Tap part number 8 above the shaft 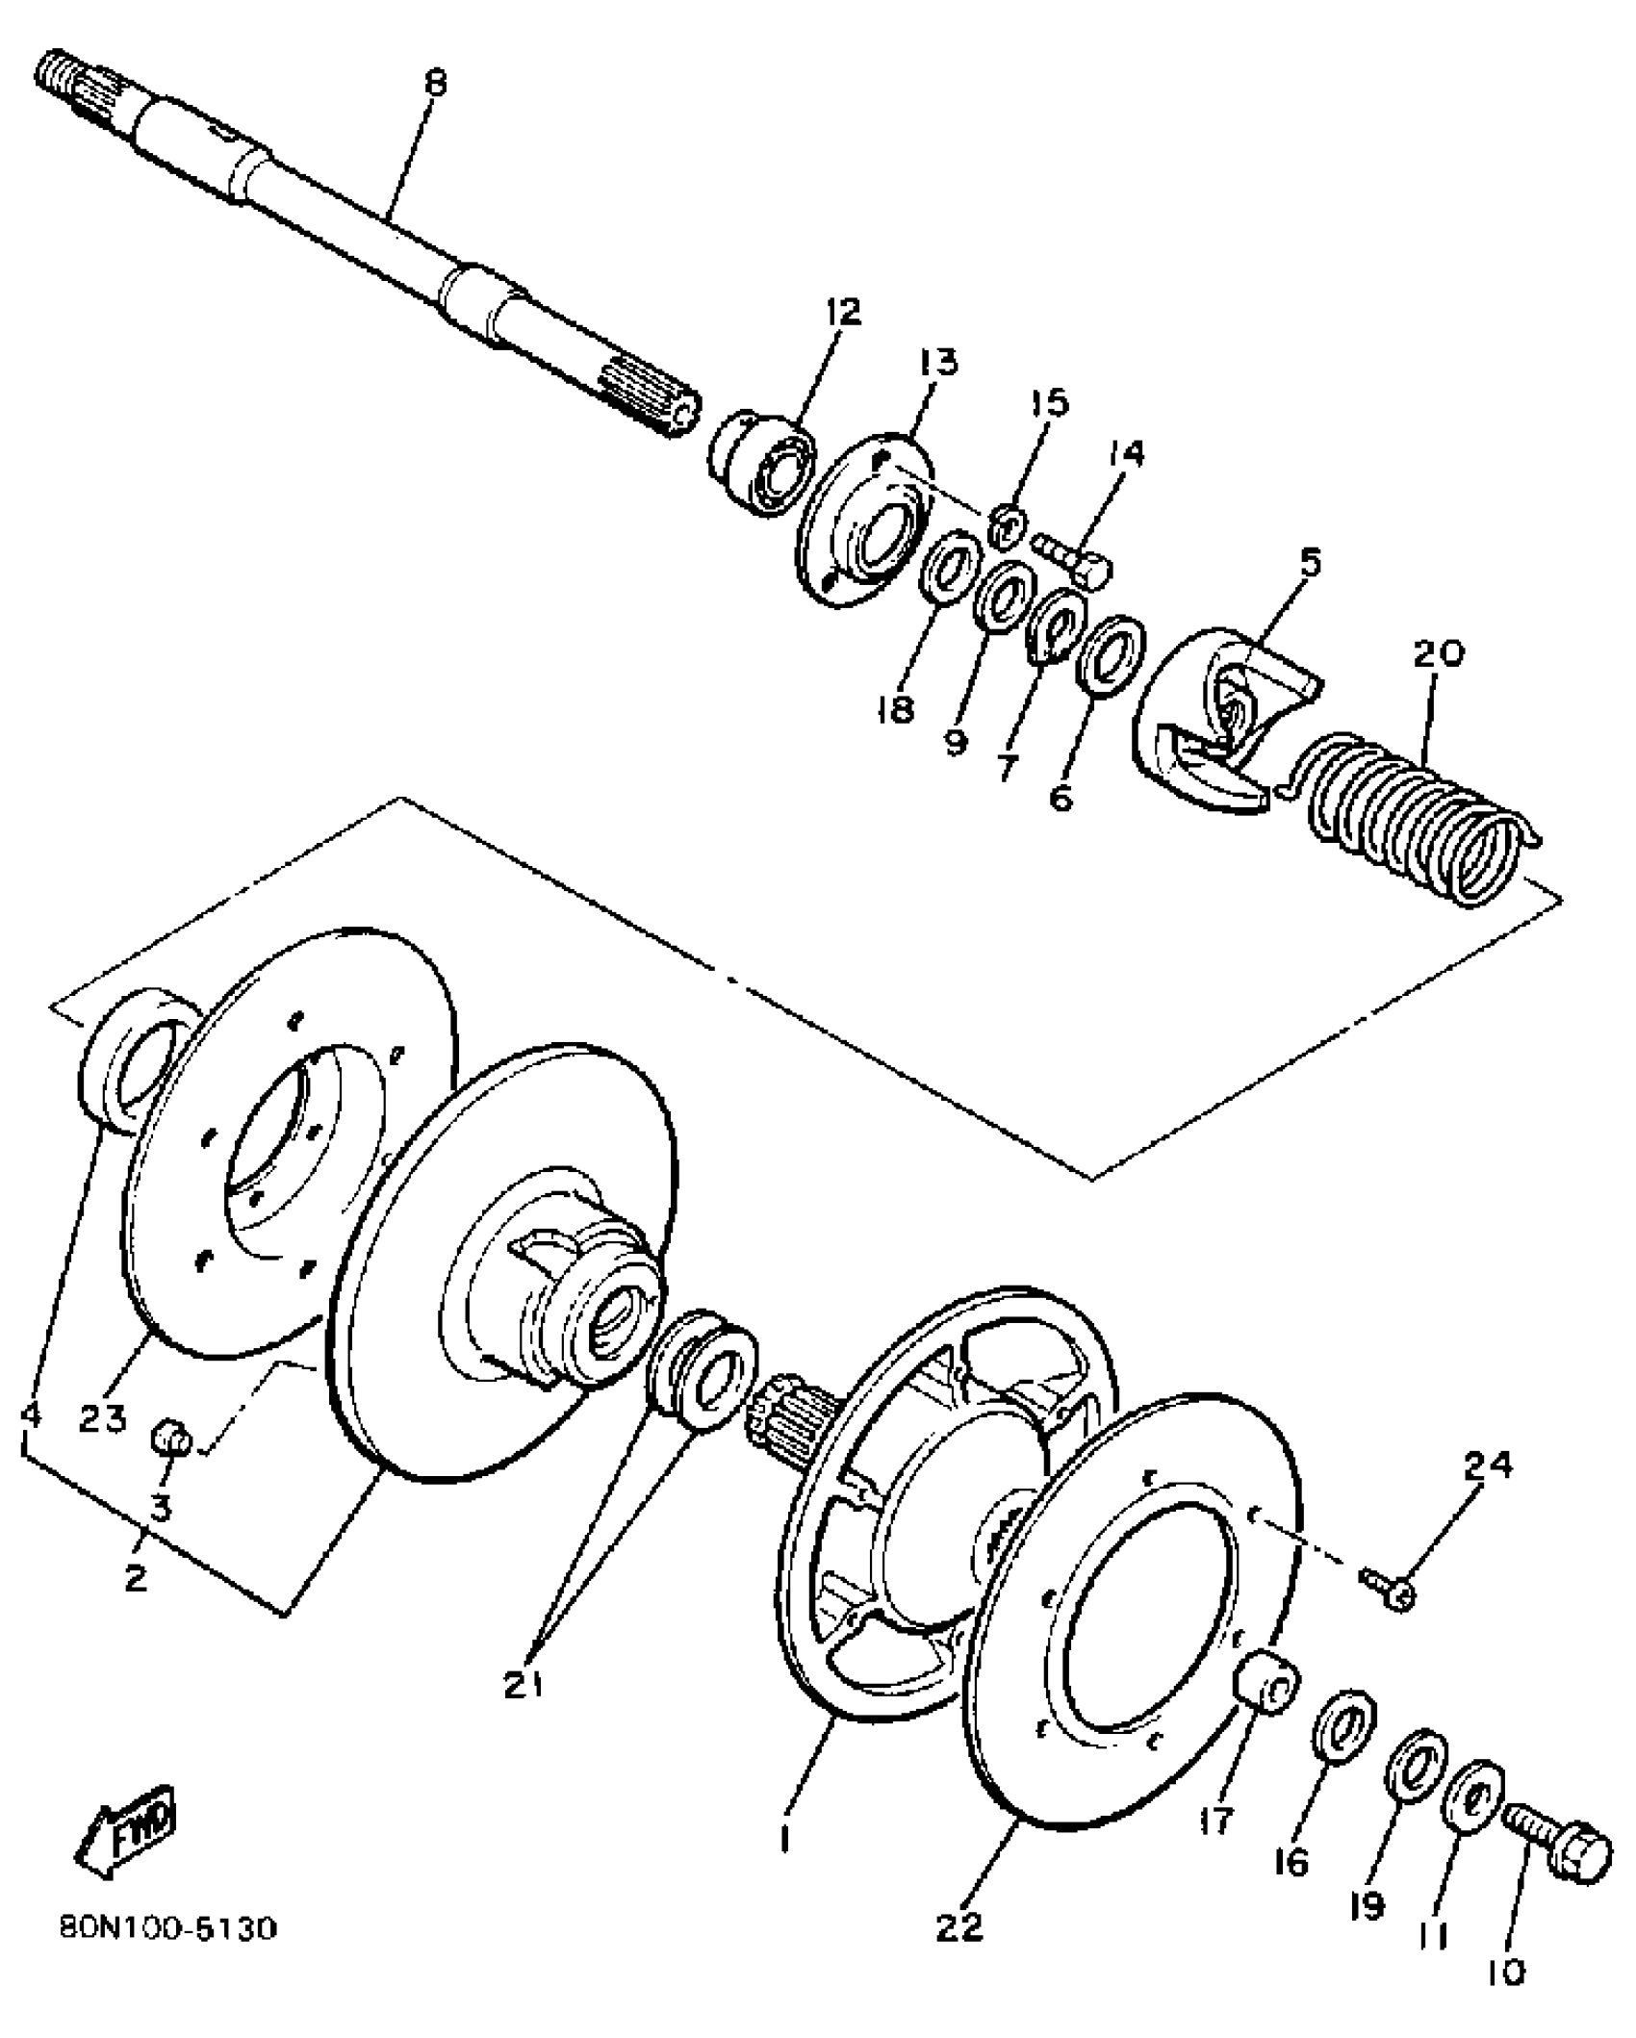435,83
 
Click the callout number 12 842,312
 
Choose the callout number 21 523,1683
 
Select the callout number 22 959,1925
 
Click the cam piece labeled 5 1222,731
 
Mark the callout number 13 938,363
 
